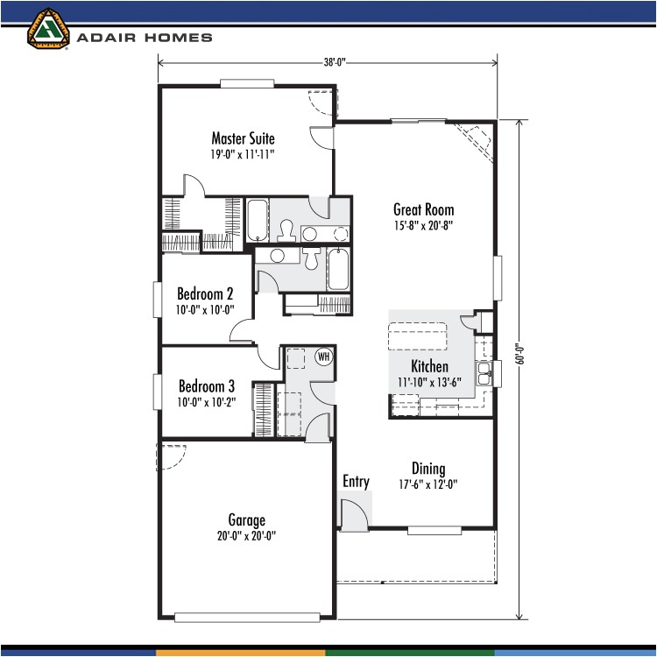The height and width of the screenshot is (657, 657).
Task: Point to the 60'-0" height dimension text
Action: point(519,352)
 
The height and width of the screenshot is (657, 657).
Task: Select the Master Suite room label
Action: point(243,138)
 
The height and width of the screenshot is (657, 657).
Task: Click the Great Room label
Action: point(423,209)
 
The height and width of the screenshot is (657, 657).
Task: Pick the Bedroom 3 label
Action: point(207,385)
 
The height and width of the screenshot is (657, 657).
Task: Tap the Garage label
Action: point(246,520)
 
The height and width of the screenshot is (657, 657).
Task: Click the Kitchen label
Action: point(429,366)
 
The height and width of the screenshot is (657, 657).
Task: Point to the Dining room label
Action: point(428,469)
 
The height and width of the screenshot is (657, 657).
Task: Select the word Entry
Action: point(356,482)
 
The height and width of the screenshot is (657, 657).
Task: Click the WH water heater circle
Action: point(323,357)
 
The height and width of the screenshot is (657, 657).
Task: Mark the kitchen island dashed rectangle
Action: point(417,336)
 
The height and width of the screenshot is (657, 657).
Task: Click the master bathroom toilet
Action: point(285,230)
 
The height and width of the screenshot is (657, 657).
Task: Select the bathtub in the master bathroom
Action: point(258,220)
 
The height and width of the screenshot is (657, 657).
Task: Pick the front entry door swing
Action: point(354,514)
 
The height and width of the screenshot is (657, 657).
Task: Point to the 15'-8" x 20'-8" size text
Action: point(423,225)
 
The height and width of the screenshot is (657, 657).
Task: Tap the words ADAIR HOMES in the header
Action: point(145,38)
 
